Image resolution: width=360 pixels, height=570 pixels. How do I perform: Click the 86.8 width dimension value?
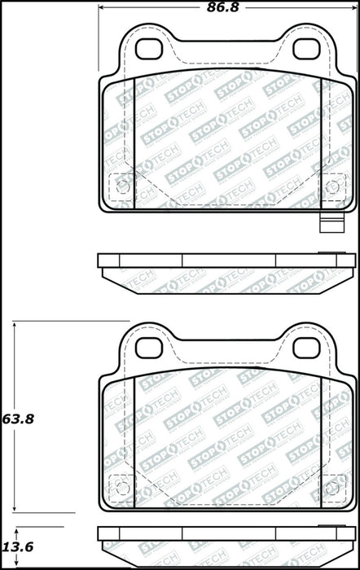[223, 7]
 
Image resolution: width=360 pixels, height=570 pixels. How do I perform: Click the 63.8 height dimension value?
[18, 419]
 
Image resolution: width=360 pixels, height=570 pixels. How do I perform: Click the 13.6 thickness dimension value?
[18, 546]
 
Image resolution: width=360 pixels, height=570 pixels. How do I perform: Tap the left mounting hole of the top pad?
[148, 49]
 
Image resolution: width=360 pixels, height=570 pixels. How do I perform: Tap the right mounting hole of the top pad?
[306, 49]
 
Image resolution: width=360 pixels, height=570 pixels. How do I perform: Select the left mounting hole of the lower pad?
[148, 349]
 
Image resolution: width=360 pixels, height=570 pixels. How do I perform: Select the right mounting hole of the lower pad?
[306, 349]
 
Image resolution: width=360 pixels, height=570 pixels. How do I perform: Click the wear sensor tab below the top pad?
[331, 222]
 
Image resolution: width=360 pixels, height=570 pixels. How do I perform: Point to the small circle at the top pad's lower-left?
[122, 187]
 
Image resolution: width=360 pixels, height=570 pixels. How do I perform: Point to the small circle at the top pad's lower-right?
[332, 187]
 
